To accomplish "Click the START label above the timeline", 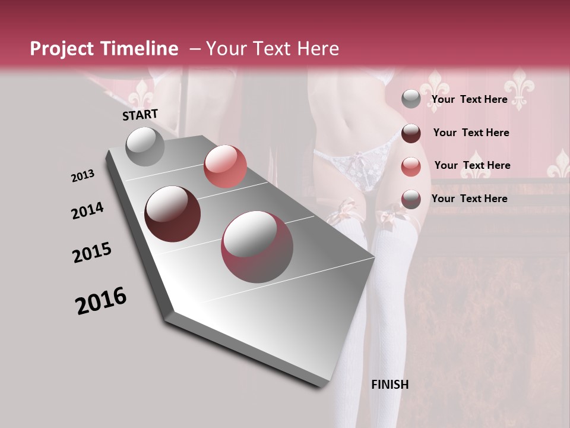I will pos(140,115).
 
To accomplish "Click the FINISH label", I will pos(389,385).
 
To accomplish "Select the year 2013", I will pos(83,175).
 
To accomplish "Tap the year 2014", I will pos(87,210).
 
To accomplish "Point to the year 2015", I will pos(92,253).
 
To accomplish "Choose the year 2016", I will pos(101,301).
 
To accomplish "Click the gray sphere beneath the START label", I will pos(145,146).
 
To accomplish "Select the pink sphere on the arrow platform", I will pos(225,166).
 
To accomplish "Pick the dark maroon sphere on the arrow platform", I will pos(173,214).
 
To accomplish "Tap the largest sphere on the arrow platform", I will pos(257,247).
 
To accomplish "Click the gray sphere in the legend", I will pos(411,99).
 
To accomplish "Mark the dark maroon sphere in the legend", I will pos(411,133).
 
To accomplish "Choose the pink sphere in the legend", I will pos(411,166).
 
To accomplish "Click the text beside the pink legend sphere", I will pos(472,165).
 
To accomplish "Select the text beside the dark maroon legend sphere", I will pos(471,133).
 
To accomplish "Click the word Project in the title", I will pos(62,49).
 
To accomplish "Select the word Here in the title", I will pos(318,49).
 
